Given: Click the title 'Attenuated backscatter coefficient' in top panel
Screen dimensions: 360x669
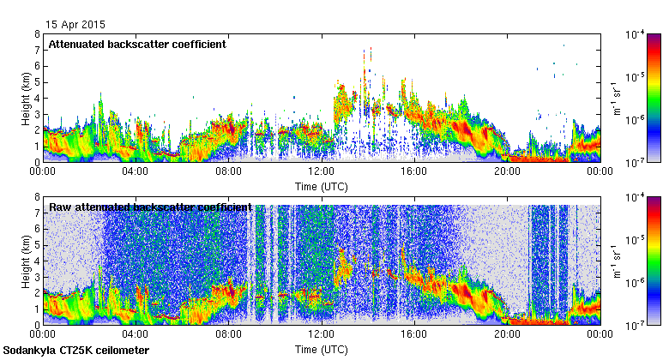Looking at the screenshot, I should click(x=137, y=44).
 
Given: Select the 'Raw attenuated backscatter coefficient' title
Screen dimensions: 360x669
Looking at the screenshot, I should click(x=150, y=207).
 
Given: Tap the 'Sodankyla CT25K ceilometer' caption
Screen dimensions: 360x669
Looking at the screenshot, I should click(x=76, y=351).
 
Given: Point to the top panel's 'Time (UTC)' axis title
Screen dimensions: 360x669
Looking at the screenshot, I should click(x=321, y=186).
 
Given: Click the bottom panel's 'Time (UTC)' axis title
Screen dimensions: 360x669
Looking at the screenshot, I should click(x=321, y=350).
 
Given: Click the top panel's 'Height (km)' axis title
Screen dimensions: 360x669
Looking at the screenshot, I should click(x=26, y=98).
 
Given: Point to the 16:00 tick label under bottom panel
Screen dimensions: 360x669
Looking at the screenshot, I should click(x=413, y=334).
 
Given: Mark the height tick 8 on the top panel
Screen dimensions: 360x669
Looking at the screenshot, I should click(x=37, y=34).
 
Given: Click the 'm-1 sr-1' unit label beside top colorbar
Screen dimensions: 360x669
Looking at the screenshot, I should click(x=616, y=98).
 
